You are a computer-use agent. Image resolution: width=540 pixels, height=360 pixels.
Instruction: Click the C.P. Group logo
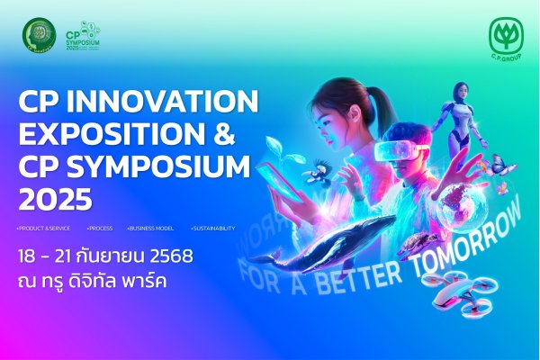point(506,40)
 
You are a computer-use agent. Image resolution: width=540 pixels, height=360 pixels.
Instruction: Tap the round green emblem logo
point(39,35)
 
